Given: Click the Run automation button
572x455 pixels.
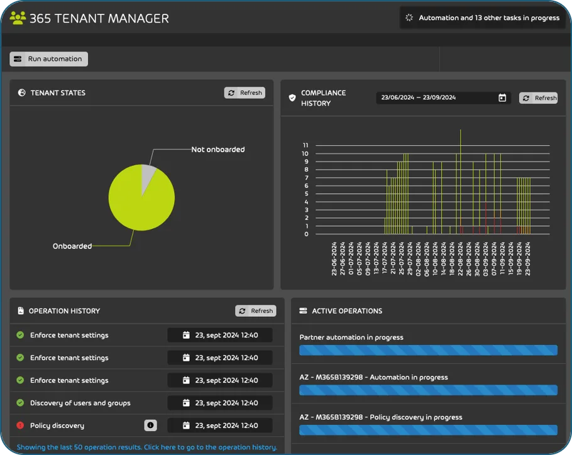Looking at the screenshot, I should pyautogui.click(x=49, y=59).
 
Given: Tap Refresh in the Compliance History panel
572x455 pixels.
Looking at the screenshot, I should pyautogui.click(x=539, y=98).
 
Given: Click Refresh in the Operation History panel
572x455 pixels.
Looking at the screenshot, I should pyautogui.click(x=255, y=310).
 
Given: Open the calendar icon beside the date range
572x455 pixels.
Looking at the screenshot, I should pyautogui.click(x=502, y=98).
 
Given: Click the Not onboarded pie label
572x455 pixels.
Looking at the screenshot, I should pyautogui.click(x=217, y=150).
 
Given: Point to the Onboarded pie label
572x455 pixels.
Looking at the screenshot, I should pyautogui.click(x=72, y=246).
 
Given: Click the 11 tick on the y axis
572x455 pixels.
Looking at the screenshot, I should pyautogui.click(x=305, y=145).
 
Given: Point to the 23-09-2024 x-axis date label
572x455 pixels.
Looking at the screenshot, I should pyautogui.click(x=528, y=258).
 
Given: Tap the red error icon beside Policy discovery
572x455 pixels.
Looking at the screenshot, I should pyautogui.click(x=20, y=425).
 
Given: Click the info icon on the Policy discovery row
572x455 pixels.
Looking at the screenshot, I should pyautogui.click(x=150, y=425).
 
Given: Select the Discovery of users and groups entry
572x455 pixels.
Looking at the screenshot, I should pyautogui.click(x=80, y=403).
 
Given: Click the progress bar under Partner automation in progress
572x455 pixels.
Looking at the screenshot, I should pyautogui.click(x=428, y=350).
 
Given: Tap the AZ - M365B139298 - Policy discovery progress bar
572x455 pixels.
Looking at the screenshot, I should pyautogui.click(x=428, y=430).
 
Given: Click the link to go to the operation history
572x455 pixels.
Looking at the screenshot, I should pyautogui.click(x=146, y=447).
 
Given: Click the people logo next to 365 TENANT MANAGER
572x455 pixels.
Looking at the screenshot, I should pyautogui.click(x=18, y=18).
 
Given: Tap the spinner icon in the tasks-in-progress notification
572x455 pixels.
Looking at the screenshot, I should pyautogui.click(x=409, y=18).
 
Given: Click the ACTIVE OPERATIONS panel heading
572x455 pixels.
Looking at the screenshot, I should pyautogui.click(x=347, y=310).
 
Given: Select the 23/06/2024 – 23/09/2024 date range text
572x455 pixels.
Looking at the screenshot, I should pyautogui.click(x=419, y=98).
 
